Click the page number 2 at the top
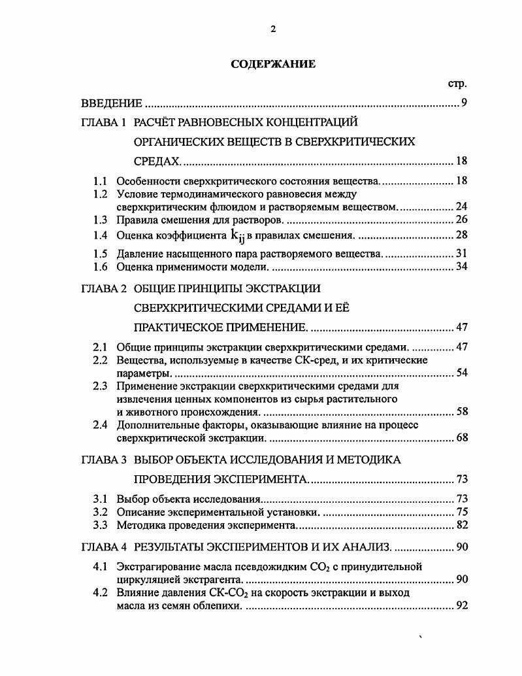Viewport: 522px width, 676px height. pyautogui.click(x=274, y=29)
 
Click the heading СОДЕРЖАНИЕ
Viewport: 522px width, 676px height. pyautogui.click(x=273, y=64)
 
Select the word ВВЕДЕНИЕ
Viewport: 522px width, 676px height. pyautogui.click(x=111, y=103)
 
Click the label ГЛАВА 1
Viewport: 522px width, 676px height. pyautogui.click(x=103, y=122)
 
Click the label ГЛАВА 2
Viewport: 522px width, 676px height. pyautogui.click(x=103, y=288)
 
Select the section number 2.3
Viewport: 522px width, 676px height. pyautogui.click(x=100, y=386)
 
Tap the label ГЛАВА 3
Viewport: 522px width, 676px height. pyautogui.click(x=103, y=460)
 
